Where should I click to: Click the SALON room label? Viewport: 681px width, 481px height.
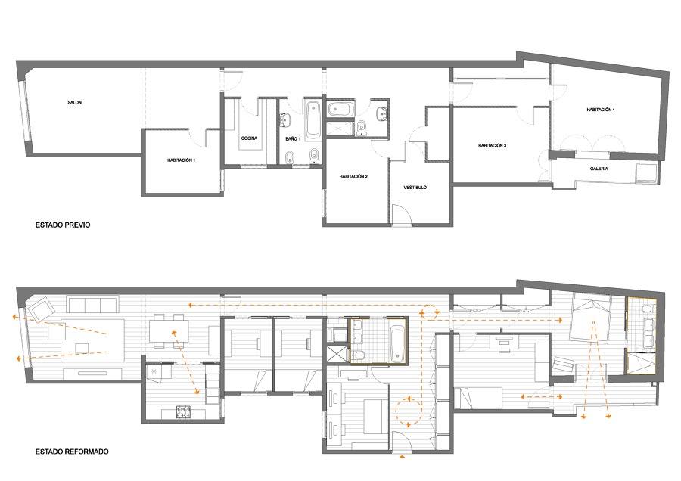point(75,102)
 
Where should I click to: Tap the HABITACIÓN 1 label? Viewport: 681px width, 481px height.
point(181,160)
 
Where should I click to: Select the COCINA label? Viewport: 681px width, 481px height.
point(249,138)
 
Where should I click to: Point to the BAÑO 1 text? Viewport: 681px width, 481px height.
point(293,138)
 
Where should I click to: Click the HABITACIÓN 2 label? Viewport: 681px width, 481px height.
point(353,177)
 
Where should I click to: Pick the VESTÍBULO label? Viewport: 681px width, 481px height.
point(415,187)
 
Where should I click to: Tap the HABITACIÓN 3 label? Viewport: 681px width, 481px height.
point(492,145)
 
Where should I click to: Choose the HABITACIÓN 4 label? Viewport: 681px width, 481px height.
point(601,110)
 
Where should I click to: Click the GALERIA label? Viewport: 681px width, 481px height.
point(599,169)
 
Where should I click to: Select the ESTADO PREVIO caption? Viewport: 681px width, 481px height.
point(63,225)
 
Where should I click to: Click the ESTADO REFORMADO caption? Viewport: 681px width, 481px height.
point(72,452)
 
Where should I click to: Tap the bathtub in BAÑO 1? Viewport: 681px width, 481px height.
point(313,119)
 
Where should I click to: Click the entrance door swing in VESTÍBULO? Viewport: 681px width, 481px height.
point(401,215)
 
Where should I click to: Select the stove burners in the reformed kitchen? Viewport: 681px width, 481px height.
point(183,411)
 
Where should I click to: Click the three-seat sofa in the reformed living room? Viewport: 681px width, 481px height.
point(92,304)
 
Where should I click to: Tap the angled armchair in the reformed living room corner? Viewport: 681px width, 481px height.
point(41,309)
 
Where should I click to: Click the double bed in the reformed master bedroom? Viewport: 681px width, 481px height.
point(590,316)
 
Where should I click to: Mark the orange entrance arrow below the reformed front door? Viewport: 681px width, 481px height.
point(402,456)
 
